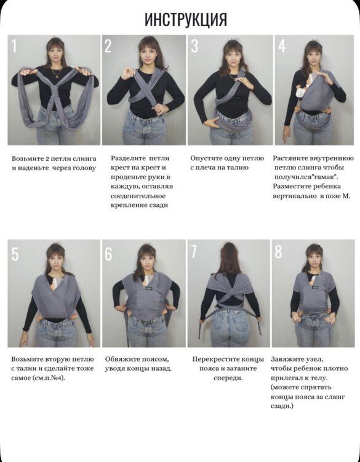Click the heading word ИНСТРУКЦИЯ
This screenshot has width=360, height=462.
186,20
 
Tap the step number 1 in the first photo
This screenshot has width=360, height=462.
14,46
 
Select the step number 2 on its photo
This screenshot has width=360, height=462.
108,46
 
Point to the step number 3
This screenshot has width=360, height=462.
194,46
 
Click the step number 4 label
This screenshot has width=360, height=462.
282,46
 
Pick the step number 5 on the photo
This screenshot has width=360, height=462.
15,254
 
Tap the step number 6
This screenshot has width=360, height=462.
108,254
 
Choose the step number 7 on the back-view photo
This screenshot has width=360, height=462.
193,251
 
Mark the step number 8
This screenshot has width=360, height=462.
278,251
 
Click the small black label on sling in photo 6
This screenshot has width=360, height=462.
146,289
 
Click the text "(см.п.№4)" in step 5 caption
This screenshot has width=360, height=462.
51,378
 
